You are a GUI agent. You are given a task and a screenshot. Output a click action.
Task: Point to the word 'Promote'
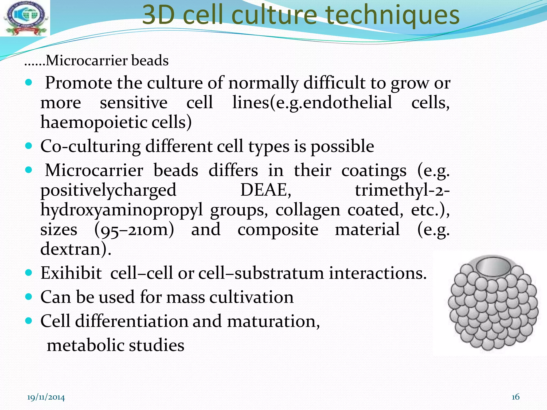[79, 83]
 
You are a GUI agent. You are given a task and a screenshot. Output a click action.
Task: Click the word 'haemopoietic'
[94, 123]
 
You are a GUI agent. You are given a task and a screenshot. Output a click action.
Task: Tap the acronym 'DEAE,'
[266, 190]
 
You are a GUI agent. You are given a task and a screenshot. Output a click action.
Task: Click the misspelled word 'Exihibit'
[71, 273]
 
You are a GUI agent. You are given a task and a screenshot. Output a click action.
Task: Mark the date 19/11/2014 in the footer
[46, 397]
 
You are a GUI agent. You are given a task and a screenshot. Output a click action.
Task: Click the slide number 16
[515, 397]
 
